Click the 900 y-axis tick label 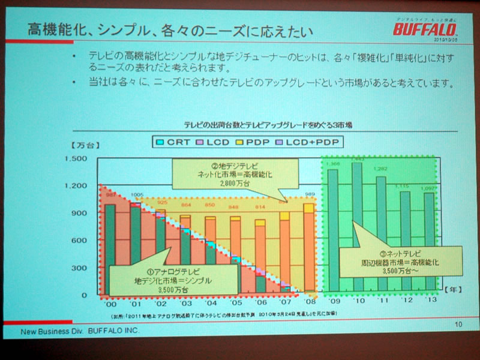pos(80,213)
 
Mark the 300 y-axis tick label pos(80,268)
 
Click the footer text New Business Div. pos(54,331)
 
